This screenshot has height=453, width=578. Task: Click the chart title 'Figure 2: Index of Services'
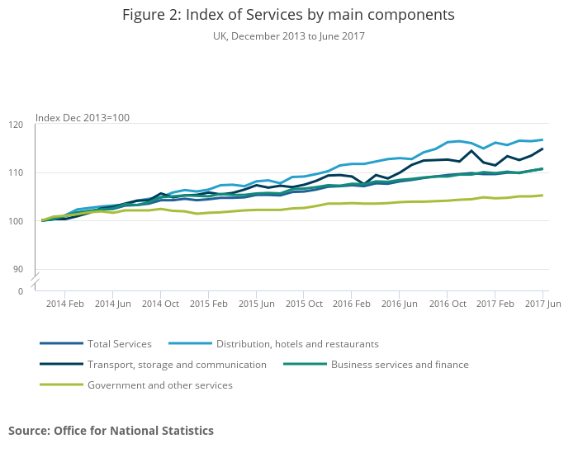288,15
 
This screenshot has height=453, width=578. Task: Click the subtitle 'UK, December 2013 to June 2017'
288,36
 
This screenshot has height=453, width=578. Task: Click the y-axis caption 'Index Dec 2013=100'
82,118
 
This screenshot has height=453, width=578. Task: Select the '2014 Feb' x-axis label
65,304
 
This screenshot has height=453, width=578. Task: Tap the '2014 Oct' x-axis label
161,304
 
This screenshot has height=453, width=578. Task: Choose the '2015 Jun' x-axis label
256,304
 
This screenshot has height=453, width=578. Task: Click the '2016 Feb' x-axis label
352,304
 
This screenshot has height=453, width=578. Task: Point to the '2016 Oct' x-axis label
448,304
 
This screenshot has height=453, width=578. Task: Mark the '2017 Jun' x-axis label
542,304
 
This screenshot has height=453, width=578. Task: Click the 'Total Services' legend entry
119,344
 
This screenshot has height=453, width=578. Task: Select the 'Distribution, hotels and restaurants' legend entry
297,344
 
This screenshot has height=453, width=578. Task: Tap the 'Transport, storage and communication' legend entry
177,365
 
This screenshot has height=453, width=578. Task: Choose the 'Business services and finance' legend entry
400,365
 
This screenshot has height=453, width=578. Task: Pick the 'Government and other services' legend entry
159,385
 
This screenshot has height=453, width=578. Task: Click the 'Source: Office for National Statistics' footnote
111,431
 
